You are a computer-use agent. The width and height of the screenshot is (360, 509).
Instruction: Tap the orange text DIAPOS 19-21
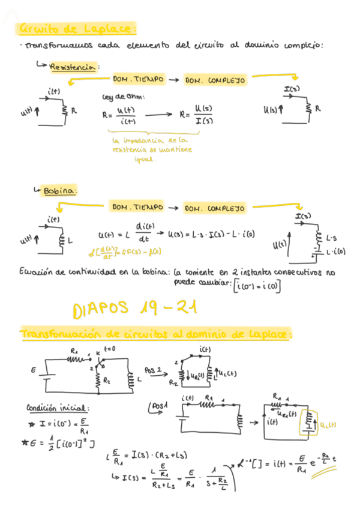coord(134,310)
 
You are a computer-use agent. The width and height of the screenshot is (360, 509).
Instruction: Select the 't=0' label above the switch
coord(110,349)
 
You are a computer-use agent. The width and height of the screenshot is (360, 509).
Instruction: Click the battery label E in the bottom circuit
coord(34,371)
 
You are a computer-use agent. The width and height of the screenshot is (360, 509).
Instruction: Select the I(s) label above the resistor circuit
coord(292,91)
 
